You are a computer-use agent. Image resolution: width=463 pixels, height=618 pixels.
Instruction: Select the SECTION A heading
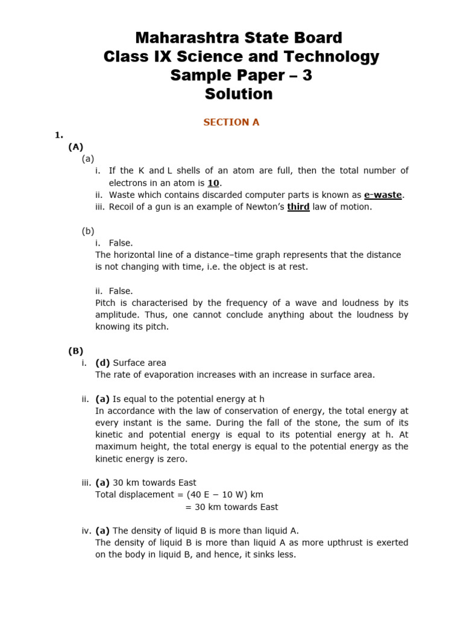click(231, 122)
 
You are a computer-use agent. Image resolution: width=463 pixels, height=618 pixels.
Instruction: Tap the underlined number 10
click(214, 183)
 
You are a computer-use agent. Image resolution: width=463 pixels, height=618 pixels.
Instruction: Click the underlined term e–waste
click(383, 195)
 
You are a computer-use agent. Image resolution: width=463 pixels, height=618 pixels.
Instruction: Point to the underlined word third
click(298, 207)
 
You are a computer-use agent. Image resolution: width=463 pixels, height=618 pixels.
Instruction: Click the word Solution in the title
click(239, 94)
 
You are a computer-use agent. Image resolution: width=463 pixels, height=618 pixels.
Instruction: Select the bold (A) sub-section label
click(75, 147)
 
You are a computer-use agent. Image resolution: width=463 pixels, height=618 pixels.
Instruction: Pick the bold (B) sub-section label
click(75, 351)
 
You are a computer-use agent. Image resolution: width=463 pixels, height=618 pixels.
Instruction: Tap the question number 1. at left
click(59, 135)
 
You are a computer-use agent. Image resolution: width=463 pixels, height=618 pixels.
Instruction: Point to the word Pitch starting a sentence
click(106, 303)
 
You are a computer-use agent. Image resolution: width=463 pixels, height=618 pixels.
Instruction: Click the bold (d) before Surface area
click(102, 363)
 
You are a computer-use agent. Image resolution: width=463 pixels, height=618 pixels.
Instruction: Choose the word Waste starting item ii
click(122, 195)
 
